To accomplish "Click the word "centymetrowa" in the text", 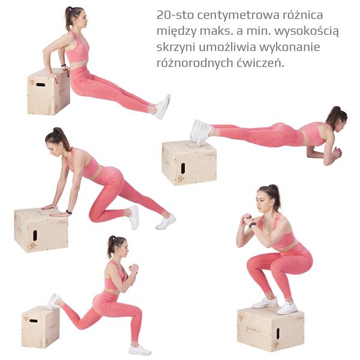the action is tap(238, 16).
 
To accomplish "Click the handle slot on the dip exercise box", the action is tap(41, 85).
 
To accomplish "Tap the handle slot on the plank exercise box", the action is tap(183, 168).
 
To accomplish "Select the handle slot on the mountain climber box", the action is tap(35, 235).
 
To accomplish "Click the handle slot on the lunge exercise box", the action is tap(34, 321).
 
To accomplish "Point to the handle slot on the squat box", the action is tap(278, 334).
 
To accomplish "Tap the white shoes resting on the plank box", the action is tap(200, 132).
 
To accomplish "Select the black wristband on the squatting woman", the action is tap(253, 225).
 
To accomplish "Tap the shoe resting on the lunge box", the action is tap(53, 301).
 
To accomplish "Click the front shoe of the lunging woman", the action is tap(140, 350).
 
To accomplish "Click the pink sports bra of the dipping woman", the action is tap(77, 49).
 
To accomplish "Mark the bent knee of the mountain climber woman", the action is tap(93, 215).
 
